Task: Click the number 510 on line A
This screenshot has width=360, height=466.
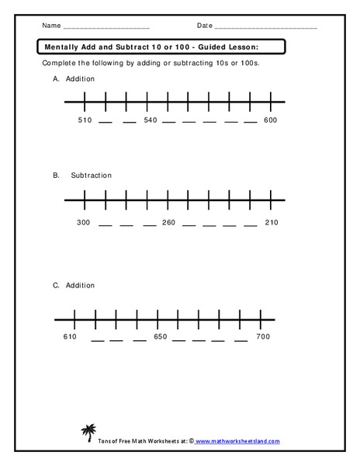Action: [x=85, y=120]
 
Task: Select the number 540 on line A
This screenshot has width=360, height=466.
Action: [x=151, y=120]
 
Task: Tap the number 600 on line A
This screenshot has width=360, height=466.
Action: [x=269, y=120]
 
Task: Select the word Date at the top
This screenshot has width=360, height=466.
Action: [x=204, y=26]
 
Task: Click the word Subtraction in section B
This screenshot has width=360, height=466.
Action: [x=92, y=176]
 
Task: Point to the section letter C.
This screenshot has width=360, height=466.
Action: [x=56, y=286]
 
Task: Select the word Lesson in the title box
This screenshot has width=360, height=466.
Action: [x=262, y=47]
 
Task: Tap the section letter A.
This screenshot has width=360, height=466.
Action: [x=56, y=79]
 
